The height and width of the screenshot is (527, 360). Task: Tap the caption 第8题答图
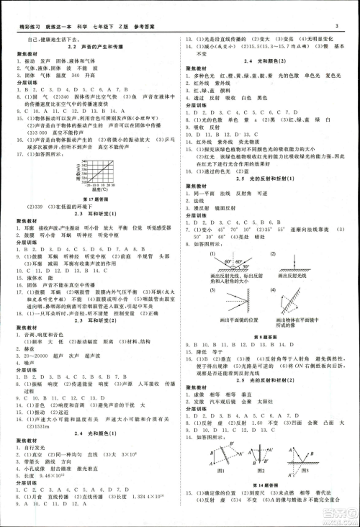click(x=268, y=337)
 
